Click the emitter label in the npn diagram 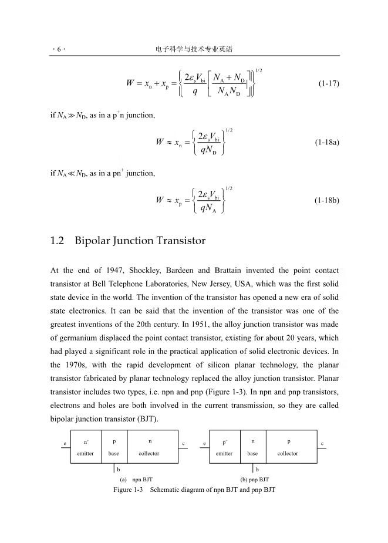86,454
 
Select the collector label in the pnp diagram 288,454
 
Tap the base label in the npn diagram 114,454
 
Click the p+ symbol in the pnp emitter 225,441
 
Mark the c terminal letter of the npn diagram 184,443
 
